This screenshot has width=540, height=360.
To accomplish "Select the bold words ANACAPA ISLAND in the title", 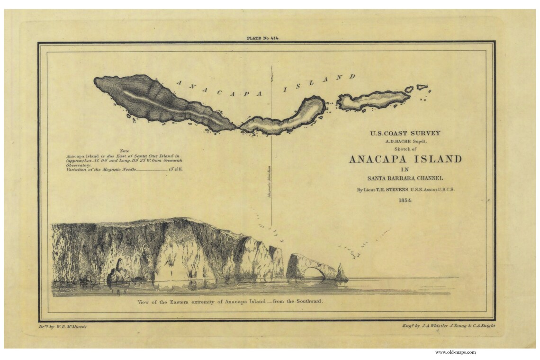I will [405, 159].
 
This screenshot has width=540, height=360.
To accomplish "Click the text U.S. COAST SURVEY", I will [405, 134].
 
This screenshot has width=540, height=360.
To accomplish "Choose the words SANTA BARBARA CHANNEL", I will [405, 178].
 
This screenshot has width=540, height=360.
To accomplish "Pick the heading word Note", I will [125, 150].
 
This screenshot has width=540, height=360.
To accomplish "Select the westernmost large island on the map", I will [161, 102].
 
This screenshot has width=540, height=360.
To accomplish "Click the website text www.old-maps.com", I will [455, 352].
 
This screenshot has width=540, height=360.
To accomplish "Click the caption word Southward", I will [308, 301].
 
